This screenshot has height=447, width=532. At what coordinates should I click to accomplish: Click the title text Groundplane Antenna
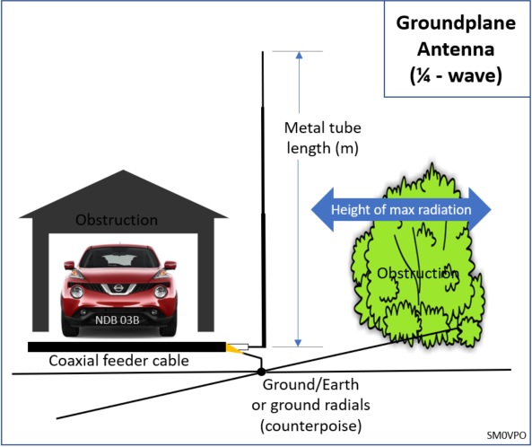[x=456, y=36]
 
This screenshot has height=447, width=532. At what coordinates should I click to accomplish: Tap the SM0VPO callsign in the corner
[x=506, y=435]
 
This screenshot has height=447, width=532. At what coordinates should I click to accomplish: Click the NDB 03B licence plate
[x=117, y=320]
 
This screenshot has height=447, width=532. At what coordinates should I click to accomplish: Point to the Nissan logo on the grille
[x=118, y=288]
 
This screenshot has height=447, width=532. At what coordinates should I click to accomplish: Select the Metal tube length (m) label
[x=322, y=138]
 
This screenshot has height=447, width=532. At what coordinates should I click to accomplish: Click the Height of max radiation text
[x=401, y=209]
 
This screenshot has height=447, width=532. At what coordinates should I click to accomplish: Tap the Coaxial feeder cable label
[x=118, y=361]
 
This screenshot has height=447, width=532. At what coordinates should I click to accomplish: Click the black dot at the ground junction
[x=261, y=372]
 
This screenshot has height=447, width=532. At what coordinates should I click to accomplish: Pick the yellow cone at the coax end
[x=234, y=349]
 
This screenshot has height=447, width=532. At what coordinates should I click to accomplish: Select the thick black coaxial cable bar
[x=126, y=346]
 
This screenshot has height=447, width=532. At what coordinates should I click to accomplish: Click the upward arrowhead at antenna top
[x=299, y=55]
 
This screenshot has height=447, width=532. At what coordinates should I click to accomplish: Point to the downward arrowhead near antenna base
[x=298, y=343]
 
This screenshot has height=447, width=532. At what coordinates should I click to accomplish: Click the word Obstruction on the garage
[x=117, y=220]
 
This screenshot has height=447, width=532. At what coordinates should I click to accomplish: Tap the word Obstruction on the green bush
[x=418, y=273]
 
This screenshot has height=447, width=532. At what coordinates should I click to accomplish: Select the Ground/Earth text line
[x=310, y=385]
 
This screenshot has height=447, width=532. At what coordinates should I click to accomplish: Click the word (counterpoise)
[x=310, y=425]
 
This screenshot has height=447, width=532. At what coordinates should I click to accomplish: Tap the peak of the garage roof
[x=124, y=171]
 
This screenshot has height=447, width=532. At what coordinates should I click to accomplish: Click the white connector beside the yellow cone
[x=244, y=346]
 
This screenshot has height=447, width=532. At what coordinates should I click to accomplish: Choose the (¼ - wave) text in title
[x=456, y=75]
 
